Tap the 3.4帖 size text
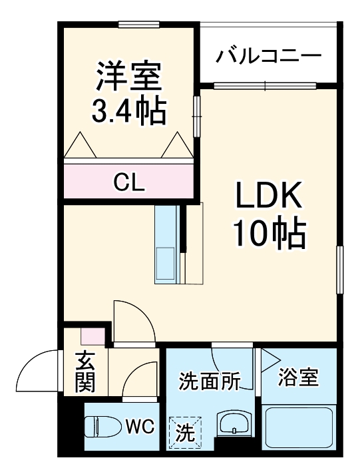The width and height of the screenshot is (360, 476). (x=129, y=111)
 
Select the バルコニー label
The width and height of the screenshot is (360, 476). (x=268, y=55)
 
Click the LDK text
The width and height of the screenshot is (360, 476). (x=268, y=198)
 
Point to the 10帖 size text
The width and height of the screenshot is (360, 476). (x=268, y=233)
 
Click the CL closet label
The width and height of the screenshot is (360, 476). (x=128, y=180)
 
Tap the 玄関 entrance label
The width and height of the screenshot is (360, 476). (x=85, y=371)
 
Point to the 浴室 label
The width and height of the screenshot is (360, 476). (x=298, y=378)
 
